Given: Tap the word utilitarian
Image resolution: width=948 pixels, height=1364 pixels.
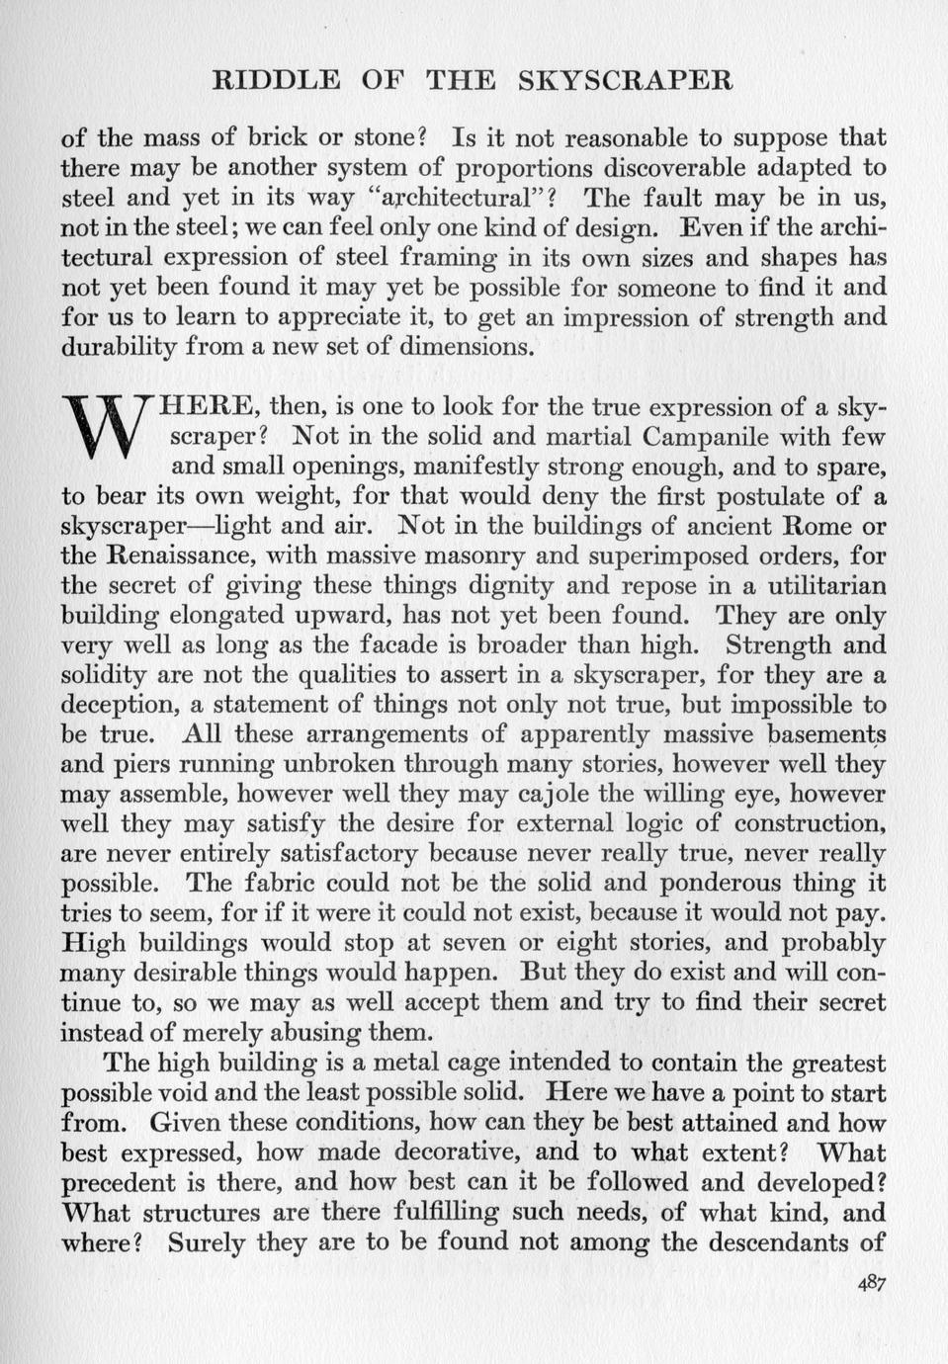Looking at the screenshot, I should click(x=813, y=585).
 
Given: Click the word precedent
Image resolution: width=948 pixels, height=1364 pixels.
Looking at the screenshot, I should click(x=123, y=1182).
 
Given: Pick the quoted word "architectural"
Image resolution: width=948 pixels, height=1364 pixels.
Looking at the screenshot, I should click(x=458, y=198).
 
